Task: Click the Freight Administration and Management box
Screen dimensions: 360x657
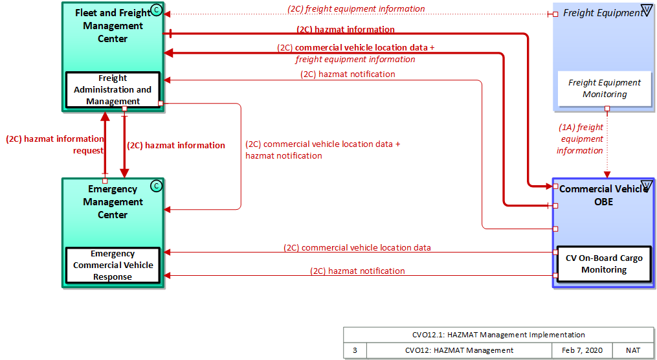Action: (x=113, y=90)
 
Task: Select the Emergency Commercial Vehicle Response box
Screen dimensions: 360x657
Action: (x=113, y=265)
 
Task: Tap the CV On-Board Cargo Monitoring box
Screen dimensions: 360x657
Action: (x=604, y=264)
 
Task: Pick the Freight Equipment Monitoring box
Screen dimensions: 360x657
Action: (x=605, y=89)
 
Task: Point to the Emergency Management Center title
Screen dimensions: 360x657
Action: (x=113, y=202)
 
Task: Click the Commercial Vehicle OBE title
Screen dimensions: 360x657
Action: (x=603, y=196)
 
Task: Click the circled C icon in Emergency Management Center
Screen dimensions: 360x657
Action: (x=155, y=186)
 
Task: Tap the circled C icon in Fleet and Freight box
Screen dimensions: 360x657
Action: (x=155, y=9)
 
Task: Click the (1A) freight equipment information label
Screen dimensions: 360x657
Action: (x=580, y=139)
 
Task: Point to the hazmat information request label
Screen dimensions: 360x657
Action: (x=54, y=144)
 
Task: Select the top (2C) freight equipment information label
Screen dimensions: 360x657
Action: (x=356, y=9)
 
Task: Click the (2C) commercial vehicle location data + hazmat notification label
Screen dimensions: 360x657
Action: (x=322, y=150)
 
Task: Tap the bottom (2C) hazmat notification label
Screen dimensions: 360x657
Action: (x=357, y=271)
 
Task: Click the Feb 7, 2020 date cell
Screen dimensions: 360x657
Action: (x=581, y=350)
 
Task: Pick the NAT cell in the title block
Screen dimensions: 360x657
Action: (x=632, y=350)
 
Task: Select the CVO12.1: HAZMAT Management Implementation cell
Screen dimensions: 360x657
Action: (x=498, y=335)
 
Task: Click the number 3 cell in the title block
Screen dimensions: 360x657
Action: (x=355, y=350)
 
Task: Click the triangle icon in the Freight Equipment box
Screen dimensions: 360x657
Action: (x=645, y=10)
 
